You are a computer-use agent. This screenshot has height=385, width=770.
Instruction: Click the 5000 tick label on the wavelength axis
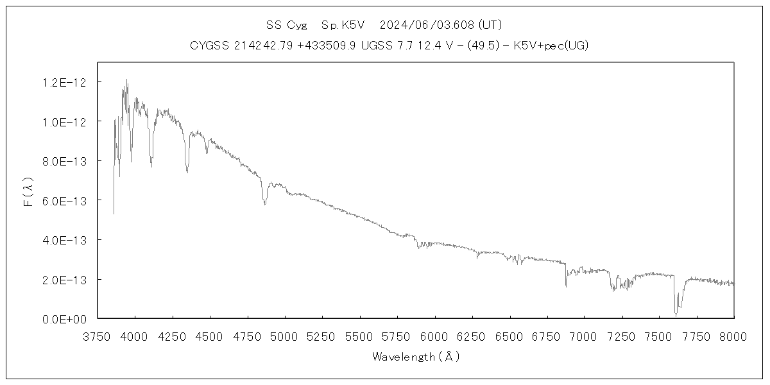point(284,337)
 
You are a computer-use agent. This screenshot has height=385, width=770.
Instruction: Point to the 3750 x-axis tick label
point(98,337)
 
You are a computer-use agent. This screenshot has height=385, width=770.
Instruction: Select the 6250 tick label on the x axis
point(472,337)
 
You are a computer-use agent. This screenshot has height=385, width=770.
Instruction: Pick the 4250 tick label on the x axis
point(172,337)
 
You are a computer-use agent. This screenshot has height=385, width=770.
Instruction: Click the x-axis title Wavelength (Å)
point(416,357)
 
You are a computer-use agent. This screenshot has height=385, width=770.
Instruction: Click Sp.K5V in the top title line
point(343,26)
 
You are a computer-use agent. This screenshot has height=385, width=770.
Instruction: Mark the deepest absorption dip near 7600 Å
point(676,314)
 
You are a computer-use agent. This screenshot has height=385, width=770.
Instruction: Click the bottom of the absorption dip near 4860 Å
point(264,204)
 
